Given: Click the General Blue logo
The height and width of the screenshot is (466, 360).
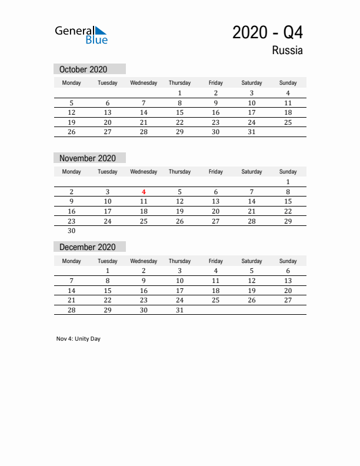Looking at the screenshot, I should [81, 35].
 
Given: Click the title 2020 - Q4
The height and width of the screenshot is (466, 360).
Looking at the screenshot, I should [268, 32].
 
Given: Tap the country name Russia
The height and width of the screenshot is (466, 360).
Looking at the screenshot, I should [287, 51].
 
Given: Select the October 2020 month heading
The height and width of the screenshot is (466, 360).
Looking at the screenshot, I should [84, 69].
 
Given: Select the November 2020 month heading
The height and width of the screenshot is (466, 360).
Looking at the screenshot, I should [88, 158].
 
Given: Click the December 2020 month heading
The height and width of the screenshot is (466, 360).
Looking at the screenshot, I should [88, 247].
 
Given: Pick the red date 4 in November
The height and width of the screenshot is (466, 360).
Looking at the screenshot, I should [144, 191].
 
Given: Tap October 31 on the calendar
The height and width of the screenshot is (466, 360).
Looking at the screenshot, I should [252, 132].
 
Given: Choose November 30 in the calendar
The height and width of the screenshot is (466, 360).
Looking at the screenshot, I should [72, 231].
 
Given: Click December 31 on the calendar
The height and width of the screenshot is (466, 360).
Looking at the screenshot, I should [179, 310].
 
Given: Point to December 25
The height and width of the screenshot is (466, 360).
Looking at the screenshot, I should [215, 300].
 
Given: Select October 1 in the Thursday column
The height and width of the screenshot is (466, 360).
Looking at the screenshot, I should [179, 93].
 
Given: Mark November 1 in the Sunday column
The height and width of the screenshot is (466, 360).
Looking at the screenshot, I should [288, 182].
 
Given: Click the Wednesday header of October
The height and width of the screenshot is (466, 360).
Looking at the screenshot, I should [144, 83].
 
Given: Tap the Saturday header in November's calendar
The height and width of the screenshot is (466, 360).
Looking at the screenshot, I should [252, 172].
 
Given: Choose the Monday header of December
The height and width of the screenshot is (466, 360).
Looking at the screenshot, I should [72, 261].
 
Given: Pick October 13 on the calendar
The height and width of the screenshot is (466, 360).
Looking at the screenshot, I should [108, 112].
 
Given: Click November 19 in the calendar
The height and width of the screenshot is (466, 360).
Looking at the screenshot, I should [179, 211].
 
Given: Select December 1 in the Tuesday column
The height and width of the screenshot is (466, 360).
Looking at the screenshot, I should [108, 271].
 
